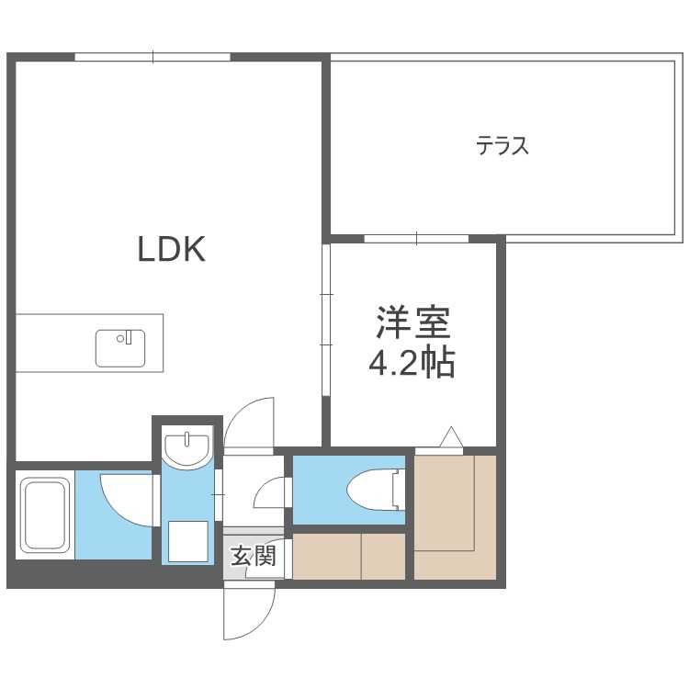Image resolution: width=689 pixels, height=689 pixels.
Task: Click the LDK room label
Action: click(171, 248)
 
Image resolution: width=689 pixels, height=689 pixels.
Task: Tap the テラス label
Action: click(503, 146)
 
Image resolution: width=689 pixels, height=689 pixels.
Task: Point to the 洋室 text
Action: click(412, 324)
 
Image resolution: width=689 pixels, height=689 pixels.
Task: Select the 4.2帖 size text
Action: click(412, 365)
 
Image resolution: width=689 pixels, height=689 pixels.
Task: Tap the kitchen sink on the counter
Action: click(120, 347)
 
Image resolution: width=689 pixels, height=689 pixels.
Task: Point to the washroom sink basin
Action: click(187, 447)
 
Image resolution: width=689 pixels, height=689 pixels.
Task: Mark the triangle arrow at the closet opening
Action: click(450, 438)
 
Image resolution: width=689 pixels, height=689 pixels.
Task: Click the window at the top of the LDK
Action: click(152, 57)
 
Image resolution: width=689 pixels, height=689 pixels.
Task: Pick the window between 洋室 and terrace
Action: click(416, 239)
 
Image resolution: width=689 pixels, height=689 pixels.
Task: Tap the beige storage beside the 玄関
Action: click(349, 555)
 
